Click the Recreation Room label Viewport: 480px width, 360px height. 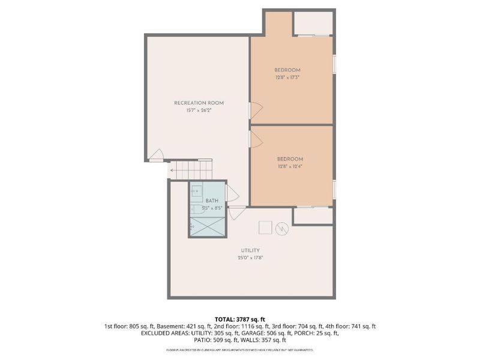198,103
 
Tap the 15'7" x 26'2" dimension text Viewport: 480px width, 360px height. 198,111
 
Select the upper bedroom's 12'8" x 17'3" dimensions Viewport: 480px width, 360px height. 287,77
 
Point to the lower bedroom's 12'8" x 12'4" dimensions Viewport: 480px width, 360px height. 290,166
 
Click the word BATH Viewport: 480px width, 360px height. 212,201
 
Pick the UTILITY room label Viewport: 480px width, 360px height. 251,250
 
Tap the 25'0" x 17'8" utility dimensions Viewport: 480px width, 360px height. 251,257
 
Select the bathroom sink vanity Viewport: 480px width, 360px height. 197,191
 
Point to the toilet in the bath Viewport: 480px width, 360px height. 197,209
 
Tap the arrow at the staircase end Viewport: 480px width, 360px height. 173,170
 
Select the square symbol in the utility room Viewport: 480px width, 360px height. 265,227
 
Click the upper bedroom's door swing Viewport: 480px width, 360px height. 256,110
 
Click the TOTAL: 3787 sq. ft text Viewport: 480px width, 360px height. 240,319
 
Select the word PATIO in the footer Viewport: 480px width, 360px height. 203,340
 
